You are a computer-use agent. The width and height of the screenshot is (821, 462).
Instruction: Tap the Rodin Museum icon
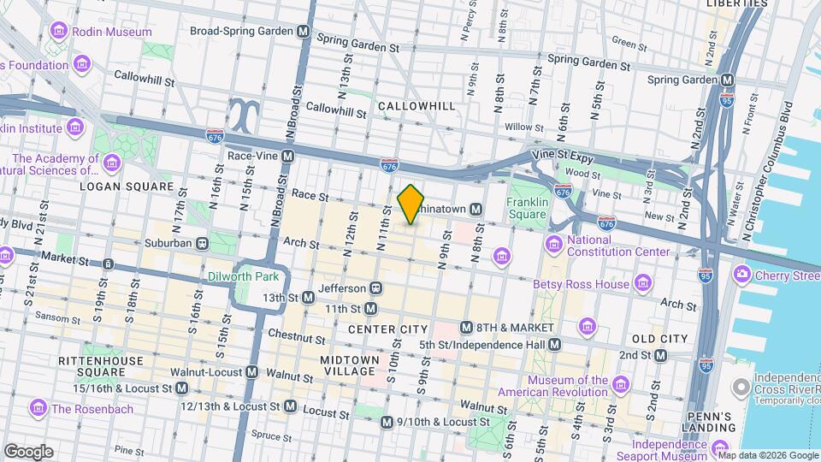[60, 32]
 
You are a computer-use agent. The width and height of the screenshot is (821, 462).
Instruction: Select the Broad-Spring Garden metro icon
[303, 32]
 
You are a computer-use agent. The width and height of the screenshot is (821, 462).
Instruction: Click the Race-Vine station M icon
[288, 157]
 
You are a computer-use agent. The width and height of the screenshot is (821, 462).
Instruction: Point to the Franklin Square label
[526, 208]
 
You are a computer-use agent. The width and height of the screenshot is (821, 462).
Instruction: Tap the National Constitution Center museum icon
[554, 246]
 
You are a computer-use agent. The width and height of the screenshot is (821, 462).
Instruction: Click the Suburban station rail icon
[201, 243]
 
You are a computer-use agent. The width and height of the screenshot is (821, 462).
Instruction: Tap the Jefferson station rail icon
[375, 288]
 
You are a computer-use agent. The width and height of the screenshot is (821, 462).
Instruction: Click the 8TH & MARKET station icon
[466, 328]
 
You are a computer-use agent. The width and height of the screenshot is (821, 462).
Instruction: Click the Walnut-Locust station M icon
[252, 372]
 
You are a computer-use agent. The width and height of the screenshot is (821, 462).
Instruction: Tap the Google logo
[28, 451]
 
